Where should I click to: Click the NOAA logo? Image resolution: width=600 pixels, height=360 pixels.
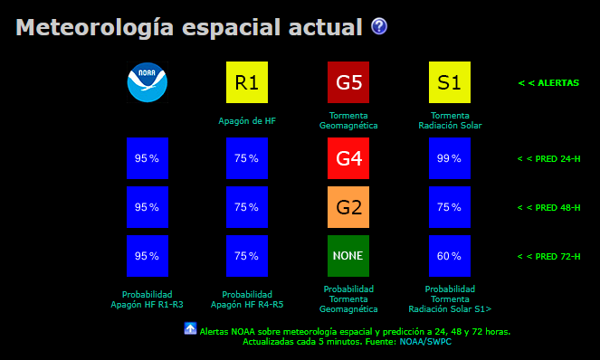click(148, 82)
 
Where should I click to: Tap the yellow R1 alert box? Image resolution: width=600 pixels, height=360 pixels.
click(247, 82)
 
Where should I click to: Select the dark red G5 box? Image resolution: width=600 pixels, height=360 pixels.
click(348, 82)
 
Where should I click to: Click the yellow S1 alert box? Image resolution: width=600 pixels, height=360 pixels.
click(449, 82)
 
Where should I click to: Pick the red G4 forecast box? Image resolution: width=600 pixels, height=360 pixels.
click(348, 157)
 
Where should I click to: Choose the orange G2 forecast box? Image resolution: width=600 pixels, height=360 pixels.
click(348, 206)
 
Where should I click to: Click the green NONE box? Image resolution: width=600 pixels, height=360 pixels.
click(348, 255)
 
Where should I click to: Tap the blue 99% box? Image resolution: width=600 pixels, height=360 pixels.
click(449, 157)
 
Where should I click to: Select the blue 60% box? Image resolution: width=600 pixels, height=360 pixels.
click(449, 255)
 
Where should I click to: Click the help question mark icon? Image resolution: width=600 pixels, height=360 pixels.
click(379, 27)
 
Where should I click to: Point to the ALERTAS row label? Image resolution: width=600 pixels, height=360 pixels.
click(548, 83)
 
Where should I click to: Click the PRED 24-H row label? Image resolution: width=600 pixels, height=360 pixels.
click(548, 158)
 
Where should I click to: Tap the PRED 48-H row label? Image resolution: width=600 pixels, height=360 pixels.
click(548, 207)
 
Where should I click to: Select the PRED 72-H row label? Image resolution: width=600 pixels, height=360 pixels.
click(548, 256)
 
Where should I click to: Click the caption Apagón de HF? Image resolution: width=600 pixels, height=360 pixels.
click(247, 120)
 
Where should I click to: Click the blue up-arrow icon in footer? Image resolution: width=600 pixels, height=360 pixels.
click(190, 328)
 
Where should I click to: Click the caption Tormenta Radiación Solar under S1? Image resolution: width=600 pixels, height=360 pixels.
click(449, 120)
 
